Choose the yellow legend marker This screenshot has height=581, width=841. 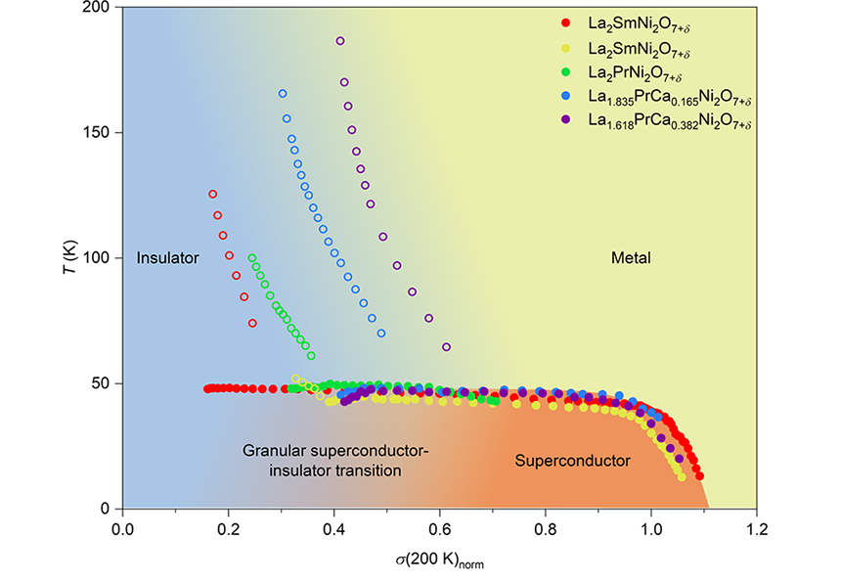coord(564,47)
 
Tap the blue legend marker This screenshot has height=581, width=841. coord(564,98)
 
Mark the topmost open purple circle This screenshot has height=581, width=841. coord(340,41)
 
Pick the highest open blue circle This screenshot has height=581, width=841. coord(283,93)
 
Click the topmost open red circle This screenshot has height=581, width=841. coord(212,194)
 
